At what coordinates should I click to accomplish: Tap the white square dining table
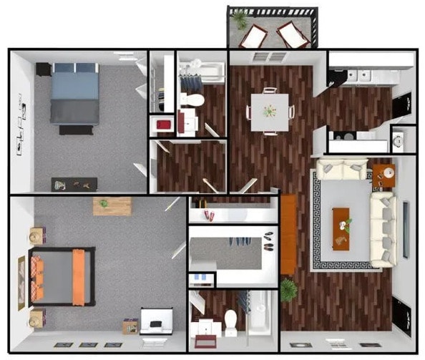(268, 111)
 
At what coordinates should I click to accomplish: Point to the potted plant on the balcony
(240, 19)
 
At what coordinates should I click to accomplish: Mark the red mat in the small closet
(163, 125)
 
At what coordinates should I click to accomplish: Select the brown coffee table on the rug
(341, 228)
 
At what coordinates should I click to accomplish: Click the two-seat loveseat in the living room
(341, 170)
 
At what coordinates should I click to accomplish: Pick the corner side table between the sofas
(383, 175)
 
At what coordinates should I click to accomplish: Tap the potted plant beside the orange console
(288, 288)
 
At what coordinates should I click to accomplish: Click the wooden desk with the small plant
(112, 206)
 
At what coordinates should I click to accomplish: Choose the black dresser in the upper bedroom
(74, 184)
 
